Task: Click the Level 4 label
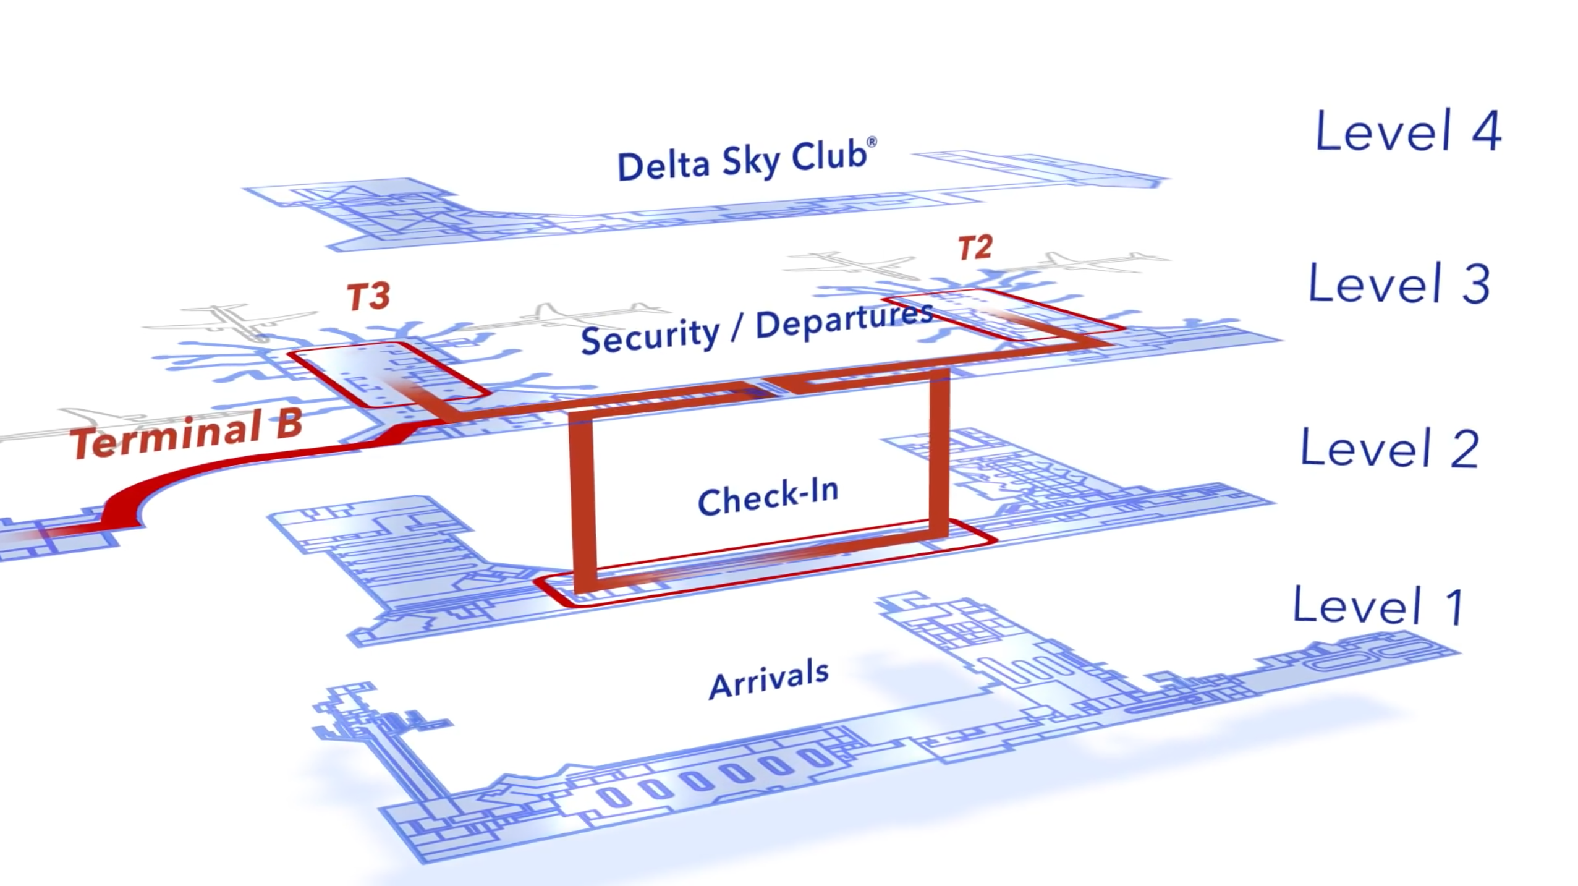coord(1407,131)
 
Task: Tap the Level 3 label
coord(1399,283)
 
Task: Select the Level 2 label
coord(1389,448)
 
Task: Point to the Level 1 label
coord(1378,606)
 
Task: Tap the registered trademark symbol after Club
coord(872,142)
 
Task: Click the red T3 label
coord(368,297)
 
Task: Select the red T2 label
coord(975,248)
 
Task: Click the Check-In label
coord(768,497)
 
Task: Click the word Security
coord(650,337)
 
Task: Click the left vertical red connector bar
coord(583,501)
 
